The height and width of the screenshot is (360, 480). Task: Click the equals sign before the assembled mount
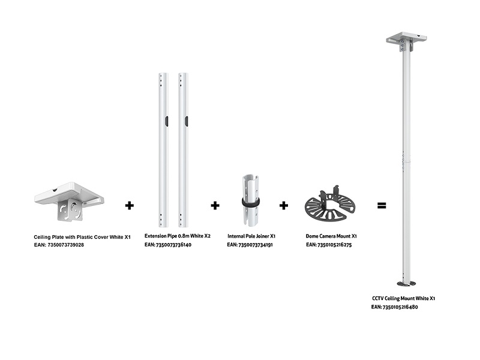pos(382,205)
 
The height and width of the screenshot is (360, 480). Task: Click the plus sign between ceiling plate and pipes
pos(129,205)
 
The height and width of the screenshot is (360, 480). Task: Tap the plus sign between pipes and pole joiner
pos(215,205)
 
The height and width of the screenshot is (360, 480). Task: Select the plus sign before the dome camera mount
pos(284,205)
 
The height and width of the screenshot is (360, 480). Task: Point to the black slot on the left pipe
pos(167,121)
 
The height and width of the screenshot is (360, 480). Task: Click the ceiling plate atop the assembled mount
pos(406,40)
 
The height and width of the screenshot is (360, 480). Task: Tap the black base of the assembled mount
pos(406,283)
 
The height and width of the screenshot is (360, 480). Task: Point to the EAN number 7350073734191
pos(250,245)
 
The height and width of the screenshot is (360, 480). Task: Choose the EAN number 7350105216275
pos(329,245)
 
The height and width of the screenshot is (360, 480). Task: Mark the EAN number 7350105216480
pos(395,307)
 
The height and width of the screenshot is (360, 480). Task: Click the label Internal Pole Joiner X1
pos(252,236)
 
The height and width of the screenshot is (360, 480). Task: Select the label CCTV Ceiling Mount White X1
pos(403,298)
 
